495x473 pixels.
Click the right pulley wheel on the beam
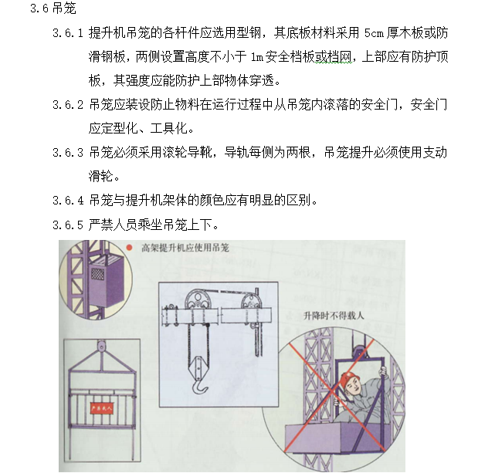[249, 302]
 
